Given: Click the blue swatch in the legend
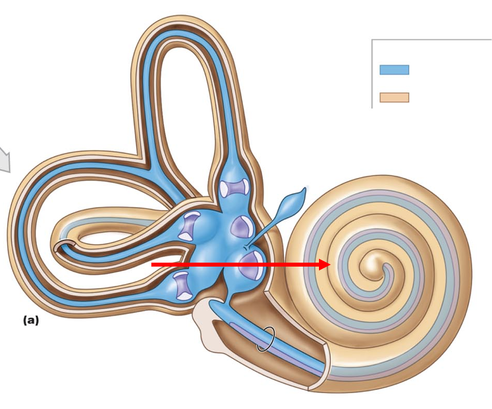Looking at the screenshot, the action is click(x=394, y=70).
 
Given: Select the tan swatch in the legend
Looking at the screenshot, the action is click(x=394, y=97).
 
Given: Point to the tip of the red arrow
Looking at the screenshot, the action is click(x=329, y=265).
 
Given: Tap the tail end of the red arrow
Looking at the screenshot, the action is click(x=152, y=265).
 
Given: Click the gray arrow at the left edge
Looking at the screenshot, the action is click(x=4, y=159).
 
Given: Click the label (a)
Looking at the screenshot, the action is click(x=31, y=320).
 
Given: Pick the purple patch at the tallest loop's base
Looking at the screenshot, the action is click(x=235, y=188).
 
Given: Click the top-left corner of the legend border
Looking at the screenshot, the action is click(x=372, y=40).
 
